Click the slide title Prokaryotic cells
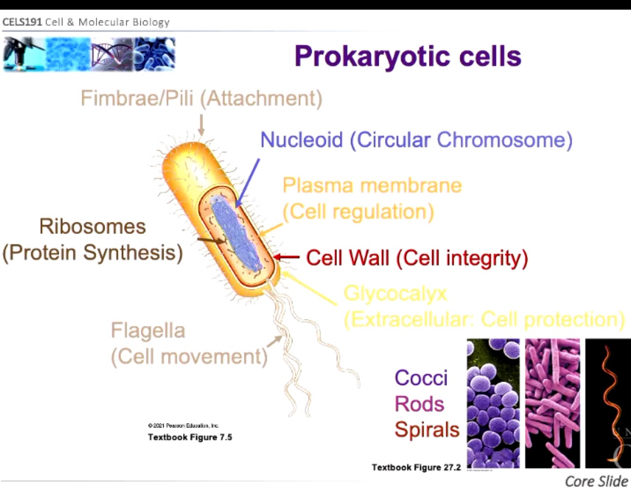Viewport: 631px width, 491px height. pos(407,56)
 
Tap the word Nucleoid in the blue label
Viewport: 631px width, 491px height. pos(301,140)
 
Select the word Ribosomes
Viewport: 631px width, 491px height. pos(92,226)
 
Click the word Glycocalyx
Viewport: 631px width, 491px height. pos(395,294)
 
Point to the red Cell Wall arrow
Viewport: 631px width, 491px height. pos(286,257)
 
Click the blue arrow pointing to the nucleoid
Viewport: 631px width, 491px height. pos(248,183)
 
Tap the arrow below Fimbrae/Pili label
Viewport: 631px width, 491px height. pos(201,125)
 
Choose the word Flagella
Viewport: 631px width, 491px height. pos(148,330)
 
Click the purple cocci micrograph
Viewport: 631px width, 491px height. pos(493,403)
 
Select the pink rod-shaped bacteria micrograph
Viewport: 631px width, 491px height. pos(552,403)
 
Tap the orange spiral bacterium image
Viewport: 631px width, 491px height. pos(608,403)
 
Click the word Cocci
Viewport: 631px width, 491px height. pos(421,378)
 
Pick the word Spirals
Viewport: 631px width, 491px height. pos(427,429)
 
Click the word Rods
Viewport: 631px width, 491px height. pos(419,404)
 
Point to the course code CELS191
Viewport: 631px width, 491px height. pos(22,22)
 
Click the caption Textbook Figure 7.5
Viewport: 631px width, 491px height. pos(190,437)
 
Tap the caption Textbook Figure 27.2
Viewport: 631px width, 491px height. pos(416,467)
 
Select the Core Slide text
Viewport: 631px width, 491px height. pos(596,481)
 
